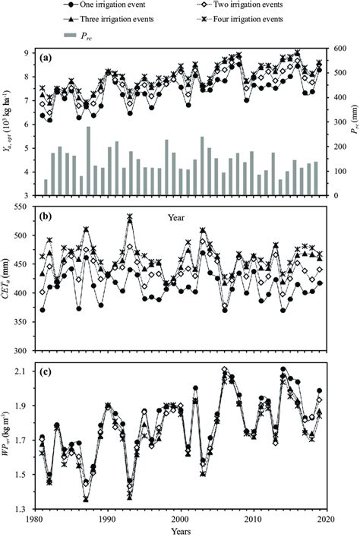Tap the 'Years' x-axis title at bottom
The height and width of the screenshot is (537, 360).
(180, 531)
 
